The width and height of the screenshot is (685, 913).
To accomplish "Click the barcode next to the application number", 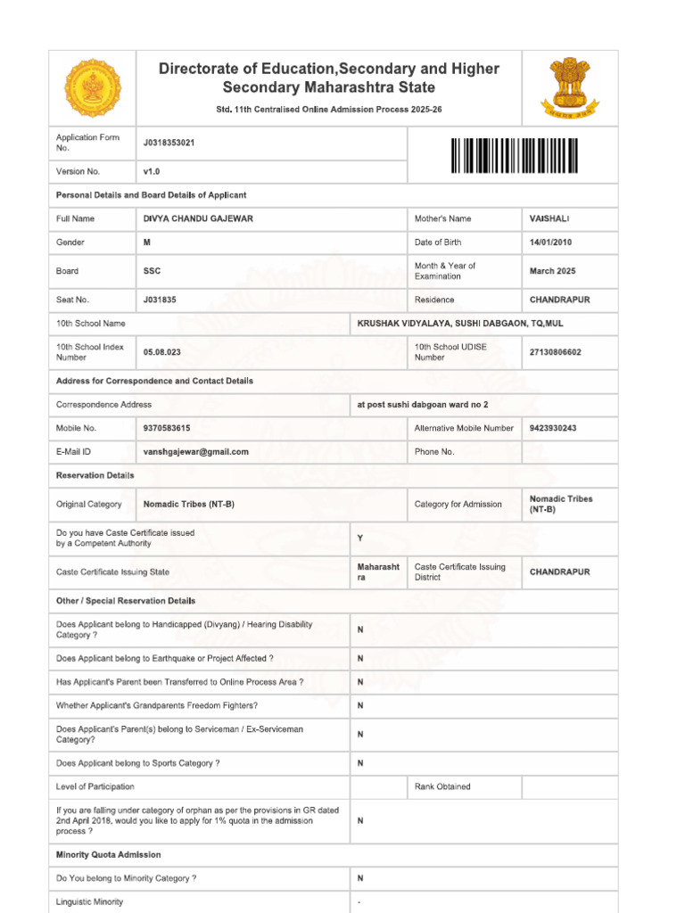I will pyautogui.click(x=514, y=156).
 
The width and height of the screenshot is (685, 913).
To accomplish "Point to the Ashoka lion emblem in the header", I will pyautogui.click(x=570, y=87).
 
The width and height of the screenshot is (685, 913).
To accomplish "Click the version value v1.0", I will pyautogui.click(x=152, y=171).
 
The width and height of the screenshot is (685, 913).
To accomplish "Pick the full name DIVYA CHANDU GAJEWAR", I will pyautogui.click(x=198, y=218).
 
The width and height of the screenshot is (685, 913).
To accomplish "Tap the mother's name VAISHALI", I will pyautogui.click(x=549, y=218).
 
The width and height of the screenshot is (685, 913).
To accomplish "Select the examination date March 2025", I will pyautogui.click(x=553, y=271).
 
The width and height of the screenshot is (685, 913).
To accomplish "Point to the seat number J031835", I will pyautogui.click(x=160, y=300).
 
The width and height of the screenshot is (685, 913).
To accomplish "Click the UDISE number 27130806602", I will pyautogui.click(x=556, y=352).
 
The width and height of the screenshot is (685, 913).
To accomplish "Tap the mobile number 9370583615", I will pyautogui.click(x=167, y=428).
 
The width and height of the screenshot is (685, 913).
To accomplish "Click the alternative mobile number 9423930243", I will pyautogui.click(x=553, y=428).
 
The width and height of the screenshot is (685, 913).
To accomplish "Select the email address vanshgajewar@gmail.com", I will pyautogui.click(x=196, y=452).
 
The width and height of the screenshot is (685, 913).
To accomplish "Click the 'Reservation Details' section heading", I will pyautogui.click(x=95, y=475).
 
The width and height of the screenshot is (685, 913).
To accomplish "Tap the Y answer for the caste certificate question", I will pyautogui.click(x=360, y=539).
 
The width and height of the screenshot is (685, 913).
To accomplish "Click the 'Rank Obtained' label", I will pyautogui.click(x=442, y=786).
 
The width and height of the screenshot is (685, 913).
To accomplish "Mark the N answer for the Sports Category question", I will pyautogui.click(x=360, y=763).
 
